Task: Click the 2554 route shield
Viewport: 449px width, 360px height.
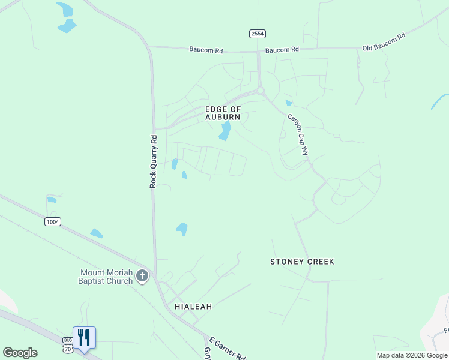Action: (258, 34)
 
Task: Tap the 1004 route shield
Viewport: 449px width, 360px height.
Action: (52, 222)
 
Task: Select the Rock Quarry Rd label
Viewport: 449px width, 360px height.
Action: (154, 161)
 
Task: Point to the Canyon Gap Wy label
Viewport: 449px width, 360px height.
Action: (298, 135)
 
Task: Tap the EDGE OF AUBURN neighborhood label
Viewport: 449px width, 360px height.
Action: (223, 113)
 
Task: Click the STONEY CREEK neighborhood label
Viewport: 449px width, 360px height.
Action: (302, 262)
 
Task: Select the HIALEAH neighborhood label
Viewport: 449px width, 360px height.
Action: (193, 306)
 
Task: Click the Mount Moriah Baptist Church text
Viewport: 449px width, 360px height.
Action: (106, 277)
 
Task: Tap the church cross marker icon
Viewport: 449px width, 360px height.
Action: (142, 276)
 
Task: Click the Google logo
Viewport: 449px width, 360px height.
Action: (20, 353)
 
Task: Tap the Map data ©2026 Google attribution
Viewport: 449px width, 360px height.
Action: (412, 355)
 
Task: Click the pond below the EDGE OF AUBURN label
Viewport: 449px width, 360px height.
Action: (225, 131)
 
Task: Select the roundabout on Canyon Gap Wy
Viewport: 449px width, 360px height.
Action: (261, 91)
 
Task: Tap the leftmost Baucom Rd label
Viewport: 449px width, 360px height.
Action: (206, 50)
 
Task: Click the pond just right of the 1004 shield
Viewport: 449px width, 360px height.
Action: (96, 233)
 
